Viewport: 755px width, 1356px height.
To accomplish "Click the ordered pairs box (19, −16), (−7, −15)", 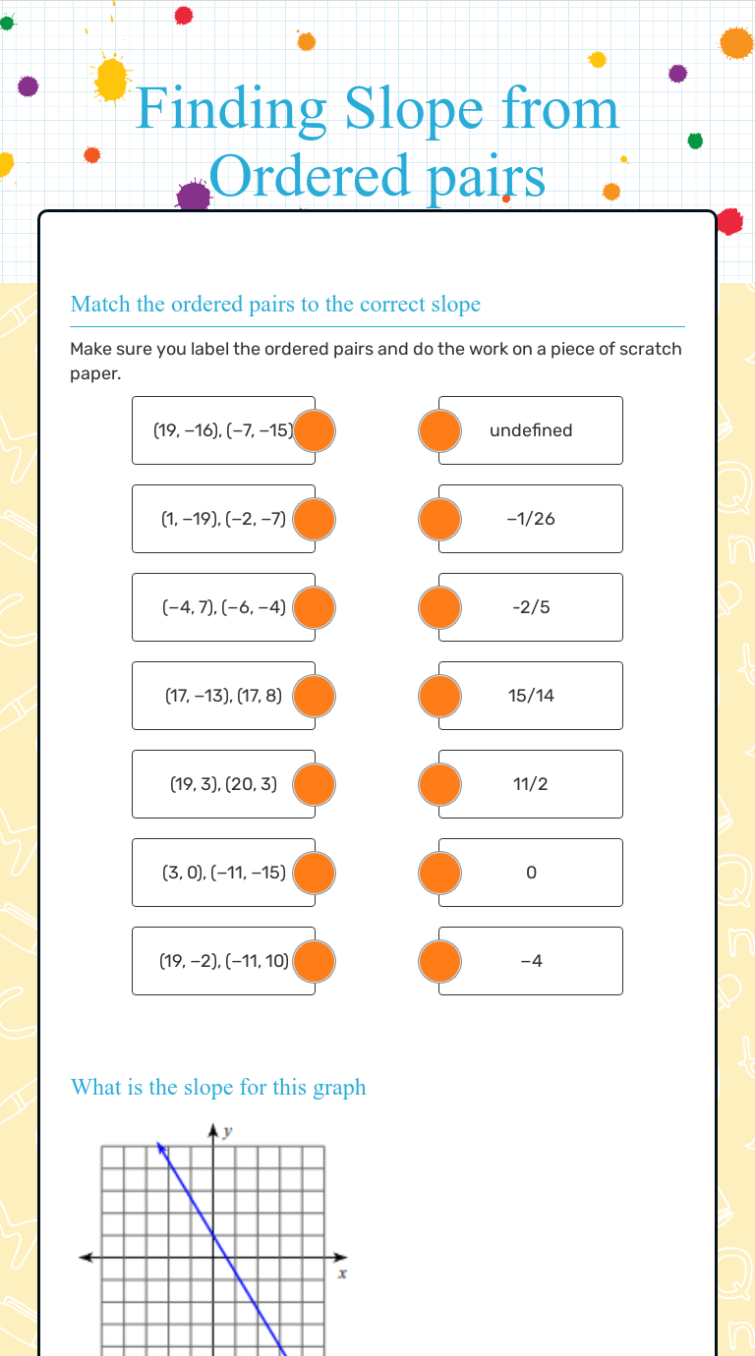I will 222,430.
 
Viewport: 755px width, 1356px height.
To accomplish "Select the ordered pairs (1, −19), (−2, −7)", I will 222,519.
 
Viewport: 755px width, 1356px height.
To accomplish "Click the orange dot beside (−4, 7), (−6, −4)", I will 315,607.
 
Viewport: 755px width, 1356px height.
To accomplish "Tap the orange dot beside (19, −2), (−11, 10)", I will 315,961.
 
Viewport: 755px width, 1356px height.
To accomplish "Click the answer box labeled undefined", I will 531,430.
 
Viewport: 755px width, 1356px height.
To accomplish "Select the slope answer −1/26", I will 531,519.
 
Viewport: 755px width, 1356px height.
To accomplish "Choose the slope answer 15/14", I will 531,696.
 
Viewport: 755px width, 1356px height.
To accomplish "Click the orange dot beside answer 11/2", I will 439,784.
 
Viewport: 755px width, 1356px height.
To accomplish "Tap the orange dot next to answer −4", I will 439,961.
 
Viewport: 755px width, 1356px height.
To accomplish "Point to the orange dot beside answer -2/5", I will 439,607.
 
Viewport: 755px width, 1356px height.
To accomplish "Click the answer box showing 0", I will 531,873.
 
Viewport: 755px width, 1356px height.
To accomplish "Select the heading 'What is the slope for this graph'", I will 218,1087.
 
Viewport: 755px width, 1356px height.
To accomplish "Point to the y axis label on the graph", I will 228,1132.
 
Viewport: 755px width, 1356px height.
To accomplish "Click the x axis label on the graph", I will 342,1274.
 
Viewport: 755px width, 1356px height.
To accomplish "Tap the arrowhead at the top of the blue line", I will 159,1147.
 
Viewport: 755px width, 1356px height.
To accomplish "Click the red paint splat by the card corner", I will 729,222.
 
